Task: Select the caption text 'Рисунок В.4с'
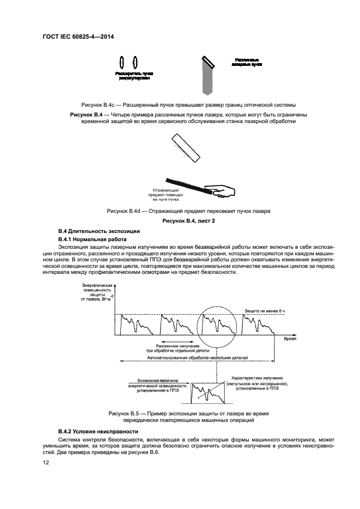tap(98, 105)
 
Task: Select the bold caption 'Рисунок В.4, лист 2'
tap(180, 221)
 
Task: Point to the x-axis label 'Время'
tap(290, 338)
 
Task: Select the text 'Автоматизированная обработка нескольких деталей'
tap(201, 359)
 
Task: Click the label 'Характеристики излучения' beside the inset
tap(255, 383)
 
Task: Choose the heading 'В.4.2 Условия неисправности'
tap(89, 431)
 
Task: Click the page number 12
tap(46, 462)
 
